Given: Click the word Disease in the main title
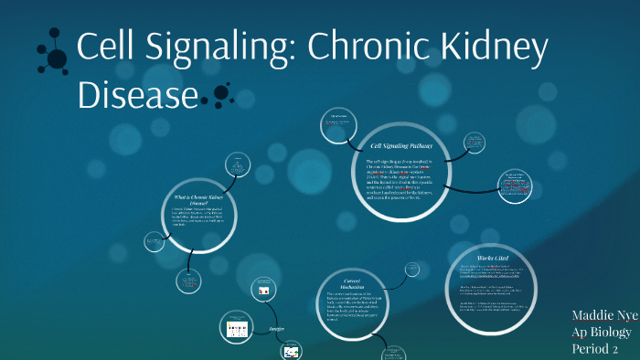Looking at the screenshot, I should [138, 95].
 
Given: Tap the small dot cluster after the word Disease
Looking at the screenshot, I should [220, 93].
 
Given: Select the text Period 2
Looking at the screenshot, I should [595, 348].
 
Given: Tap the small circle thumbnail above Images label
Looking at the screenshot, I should [264, 290].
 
